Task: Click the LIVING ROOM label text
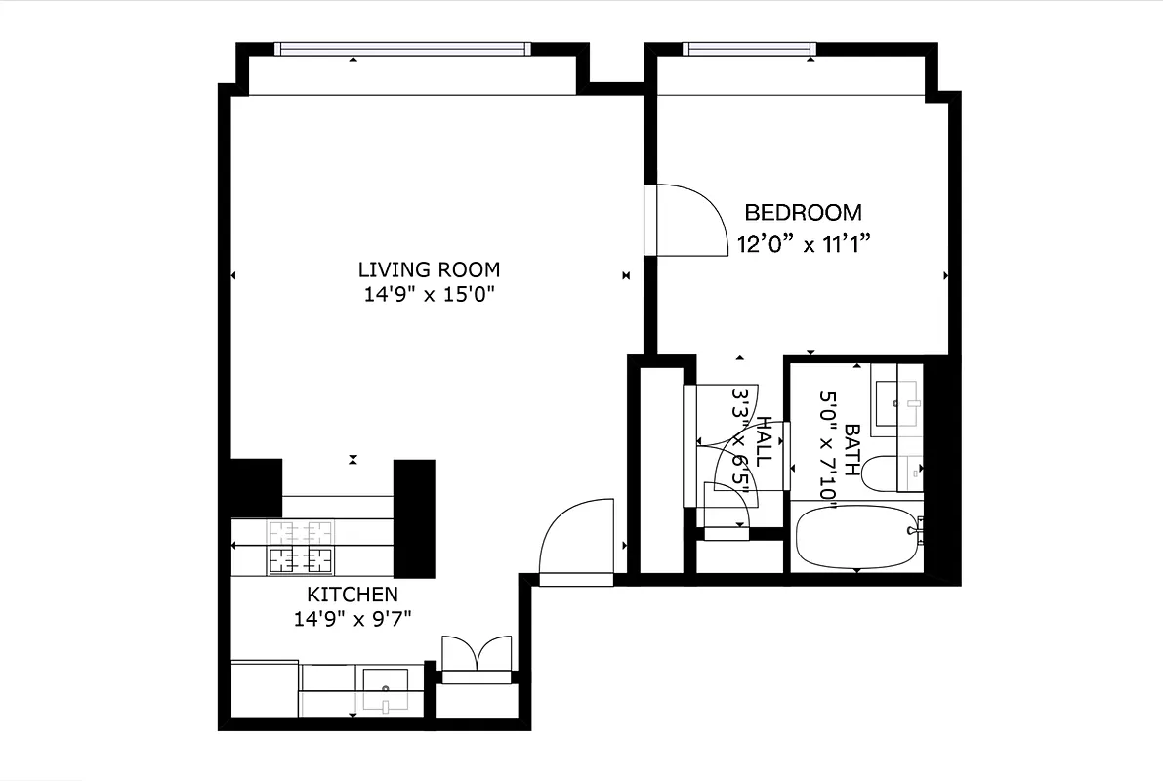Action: [x=429, y=269]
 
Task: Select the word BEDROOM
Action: [x=803, y=212]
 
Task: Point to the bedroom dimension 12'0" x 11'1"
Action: [x=803, y=244]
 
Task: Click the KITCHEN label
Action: [x=353, y=595]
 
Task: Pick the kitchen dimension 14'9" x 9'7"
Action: [x=353, y=618]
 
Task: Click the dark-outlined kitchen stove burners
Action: [x=301, y=559]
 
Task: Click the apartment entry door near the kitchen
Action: [x=576, y=542]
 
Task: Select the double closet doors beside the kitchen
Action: [x=477, y=654]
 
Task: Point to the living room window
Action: [x=401, y=49]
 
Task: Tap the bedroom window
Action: [x=748, y=49]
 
